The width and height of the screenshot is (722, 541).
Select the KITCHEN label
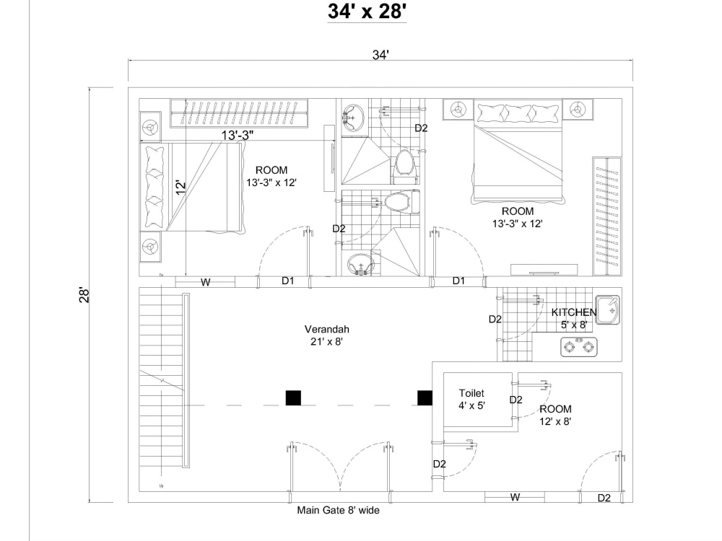574,312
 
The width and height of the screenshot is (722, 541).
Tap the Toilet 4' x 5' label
472,399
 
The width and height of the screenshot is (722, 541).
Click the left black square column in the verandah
293,397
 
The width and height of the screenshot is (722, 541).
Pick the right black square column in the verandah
425,397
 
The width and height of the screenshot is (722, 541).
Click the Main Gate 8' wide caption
338,510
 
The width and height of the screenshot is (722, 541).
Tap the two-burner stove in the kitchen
579,347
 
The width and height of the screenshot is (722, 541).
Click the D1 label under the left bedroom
287,281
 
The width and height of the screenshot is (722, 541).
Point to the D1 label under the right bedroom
458,281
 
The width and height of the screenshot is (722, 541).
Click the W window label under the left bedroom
206,283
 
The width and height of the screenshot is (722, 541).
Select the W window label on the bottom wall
515,497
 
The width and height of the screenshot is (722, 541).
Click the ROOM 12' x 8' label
555,415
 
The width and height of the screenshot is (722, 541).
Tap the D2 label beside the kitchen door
495,319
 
